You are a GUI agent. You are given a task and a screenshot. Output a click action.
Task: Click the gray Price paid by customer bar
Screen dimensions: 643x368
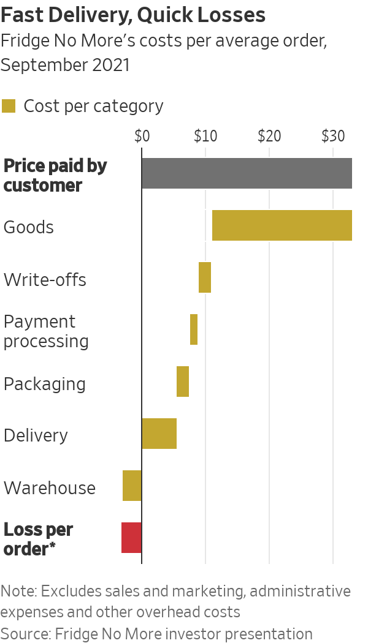[x=247, y=173]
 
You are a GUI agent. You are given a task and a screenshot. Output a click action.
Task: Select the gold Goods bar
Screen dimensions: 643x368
[x=282, y=225]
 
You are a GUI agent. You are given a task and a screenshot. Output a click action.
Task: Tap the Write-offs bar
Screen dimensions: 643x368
[x=205, y=277]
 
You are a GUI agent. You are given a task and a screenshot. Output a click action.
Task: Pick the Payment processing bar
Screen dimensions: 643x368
[x=194, y=329]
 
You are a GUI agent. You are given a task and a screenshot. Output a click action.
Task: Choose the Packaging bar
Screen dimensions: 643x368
[x=183, y=382]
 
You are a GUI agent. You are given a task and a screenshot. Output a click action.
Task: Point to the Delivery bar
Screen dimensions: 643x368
[x=159, y=434]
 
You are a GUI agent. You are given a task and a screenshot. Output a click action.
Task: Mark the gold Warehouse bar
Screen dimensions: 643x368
[x=132, y=486]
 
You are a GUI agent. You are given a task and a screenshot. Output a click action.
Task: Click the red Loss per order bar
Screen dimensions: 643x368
[x=131, y=538]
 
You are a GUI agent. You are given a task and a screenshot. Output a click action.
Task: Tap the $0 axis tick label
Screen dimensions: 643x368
[x=142, y=136]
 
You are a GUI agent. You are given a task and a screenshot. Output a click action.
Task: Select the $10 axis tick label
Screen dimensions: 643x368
[x=205, y=136]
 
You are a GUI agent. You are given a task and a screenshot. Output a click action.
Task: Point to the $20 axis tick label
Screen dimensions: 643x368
[x=269, y=136]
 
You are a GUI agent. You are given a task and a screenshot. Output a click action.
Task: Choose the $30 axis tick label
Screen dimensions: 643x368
[x=333, y=136]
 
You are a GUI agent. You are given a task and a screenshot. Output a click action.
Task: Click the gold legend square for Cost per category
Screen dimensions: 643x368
[x=9, y=106]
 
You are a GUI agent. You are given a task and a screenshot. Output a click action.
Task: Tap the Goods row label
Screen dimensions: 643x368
[x=29, y=227]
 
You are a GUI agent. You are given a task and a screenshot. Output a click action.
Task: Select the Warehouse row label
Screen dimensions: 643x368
[x=50, y=488]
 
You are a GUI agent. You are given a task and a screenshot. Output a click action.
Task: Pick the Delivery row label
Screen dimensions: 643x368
[x=36, y=435]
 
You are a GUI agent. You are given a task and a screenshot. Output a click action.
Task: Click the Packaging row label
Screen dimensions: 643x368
[x=44, y=384]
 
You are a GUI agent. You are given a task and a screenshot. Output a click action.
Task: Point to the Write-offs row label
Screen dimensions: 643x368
[x=45, y=280]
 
